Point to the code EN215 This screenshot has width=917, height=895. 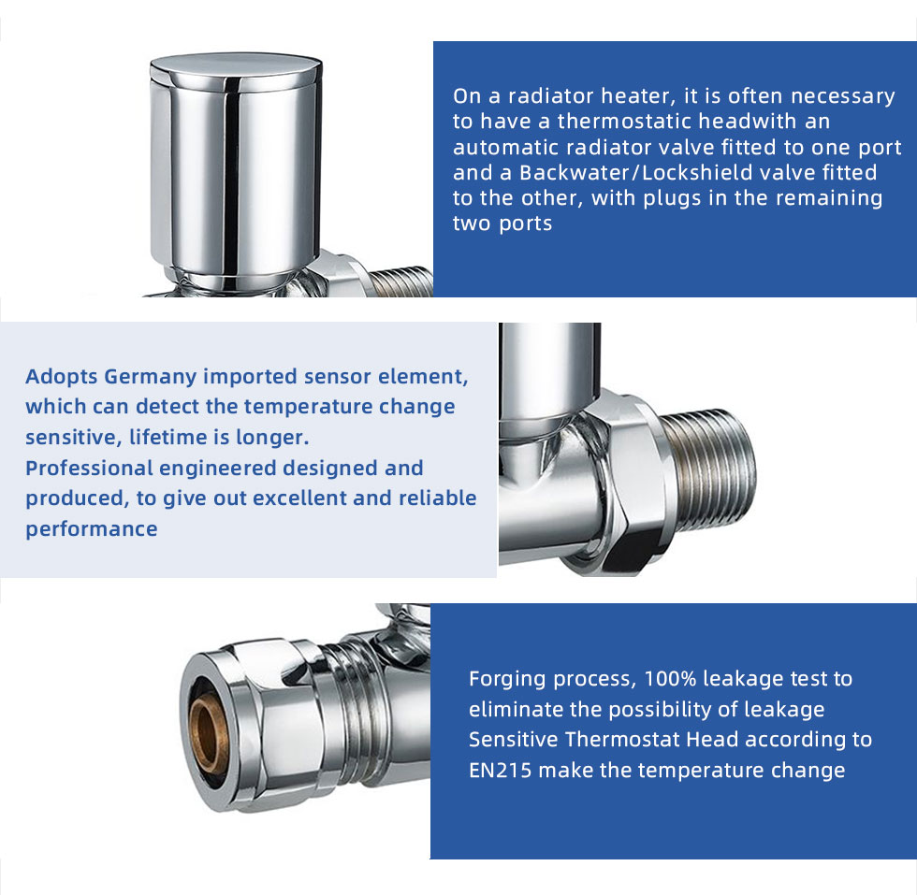click(500, 770)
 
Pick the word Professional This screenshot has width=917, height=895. click(89, 469)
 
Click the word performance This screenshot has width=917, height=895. click(92, 529)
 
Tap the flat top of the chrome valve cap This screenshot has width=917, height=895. click(236, 65)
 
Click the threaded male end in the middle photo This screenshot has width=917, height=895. click(707, 470)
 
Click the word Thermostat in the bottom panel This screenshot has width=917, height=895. click(622, 740)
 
